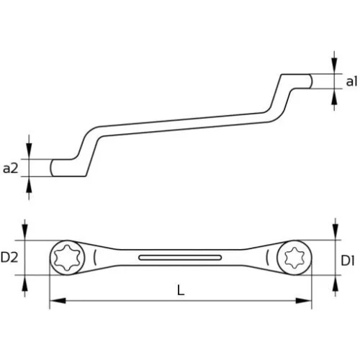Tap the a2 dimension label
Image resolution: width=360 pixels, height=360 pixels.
click(x=11, y=168)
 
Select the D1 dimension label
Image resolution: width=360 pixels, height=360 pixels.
click(x=348, y=258)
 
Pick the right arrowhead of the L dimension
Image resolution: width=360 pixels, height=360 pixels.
click(x=310, y=301)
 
